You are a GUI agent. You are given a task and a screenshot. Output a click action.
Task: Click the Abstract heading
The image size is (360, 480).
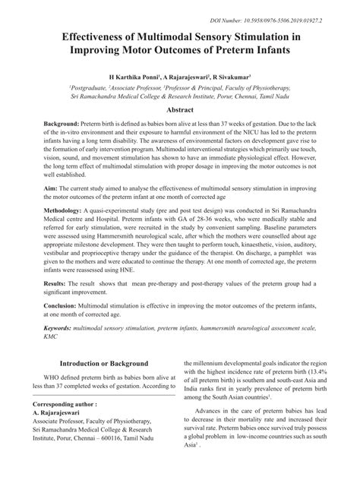(179, 109)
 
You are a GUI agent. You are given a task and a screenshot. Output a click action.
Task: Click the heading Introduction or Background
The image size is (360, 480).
(105, 384)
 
